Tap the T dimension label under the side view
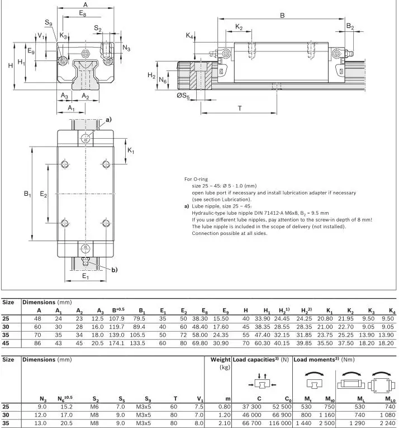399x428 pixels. (x=239, y=109)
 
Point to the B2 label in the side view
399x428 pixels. (x=350, y=27)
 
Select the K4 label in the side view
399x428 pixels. (x=190, y=36)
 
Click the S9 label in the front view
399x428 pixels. (x=49, y=23)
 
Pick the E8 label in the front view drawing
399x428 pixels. (x=83, y=12)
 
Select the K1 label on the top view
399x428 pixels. (x=131, y=151)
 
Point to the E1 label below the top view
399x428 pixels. (x=85, y=277)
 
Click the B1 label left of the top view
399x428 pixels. (x=27, y=194)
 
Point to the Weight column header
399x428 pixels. (x=220, y=359)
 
